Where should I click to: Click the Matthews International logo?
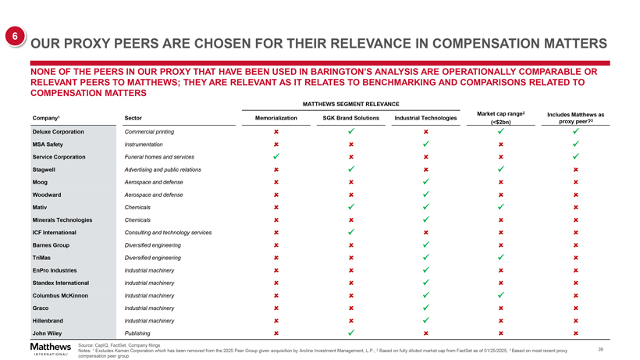pyautogui.click(x=50, y=348)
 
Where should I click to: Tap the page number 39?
pyautogui.click(x=599, y=349)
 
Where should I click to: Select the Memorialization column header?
pyautogui.click(x=276, y=118)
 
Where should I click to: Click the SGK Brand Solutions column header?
pyautogui.click(x=350, y=118)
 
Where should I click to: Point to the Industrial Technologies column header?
pyautogui.click(x=425, y=118)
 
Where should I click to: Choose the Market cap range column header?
pyautogui.click(x=500, y=118)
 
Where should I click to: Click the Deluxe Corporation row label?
pyautogui.click(x=59, y=131)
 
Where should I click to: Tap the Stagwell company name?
pyautogui.click(x=44, y=169)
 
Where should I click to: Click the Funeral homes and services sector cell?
pyautogui.click(x=159, y=156)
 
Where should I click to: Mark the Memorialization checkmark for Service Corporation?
pyautogui.click(x=276, y=156)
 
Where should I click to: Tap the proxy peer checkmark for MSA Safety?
pyautogui.click(x=576, y=144)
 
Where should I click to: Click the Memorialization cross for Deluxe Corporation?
pyautogui.click(x=276, y=131)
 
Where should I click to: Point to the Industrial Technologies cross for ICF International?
pyautogui.click(x=425, y=233)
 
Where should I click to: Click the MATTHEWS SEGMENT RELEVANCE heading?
pyautogui.click(x=350, y=104)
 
